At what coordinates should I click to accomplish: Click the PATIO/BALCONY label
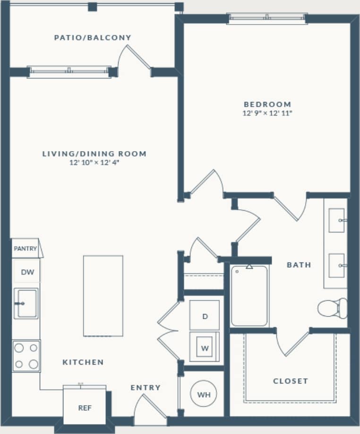92,38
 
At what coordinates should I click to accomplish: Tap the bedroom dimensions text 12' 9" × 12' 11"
267,113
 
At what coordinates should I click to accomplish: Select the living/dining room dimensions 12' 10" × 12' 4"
94,162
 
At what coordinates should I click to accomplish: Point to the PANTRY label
25,248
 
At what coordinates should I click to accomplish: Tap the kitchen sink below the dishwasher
26,303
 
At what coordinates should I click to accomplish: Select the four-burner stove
26,356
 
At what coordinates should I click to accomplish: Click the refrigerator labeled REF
85,407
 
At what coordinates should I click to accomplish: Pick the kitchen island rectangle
103,296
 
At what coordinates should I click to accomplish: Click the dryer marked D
205,316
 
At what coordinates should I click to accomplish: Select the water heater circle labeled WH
204,394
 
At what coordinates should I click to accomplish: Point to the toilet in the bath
333,308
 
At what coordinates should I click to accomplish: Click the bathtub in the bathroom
249,296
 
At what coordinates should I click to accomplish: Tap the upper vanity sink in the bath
337,221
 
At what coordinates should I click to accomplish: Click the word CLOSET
290,381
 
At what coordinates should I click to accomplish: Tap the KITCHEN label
83,362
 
